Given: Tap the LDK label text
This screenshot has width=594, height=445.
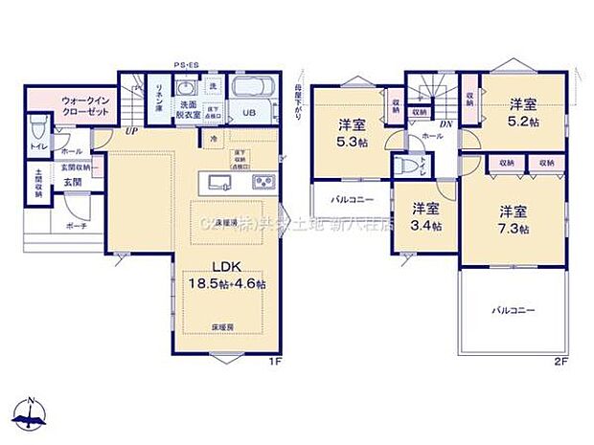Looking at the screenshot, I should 227,267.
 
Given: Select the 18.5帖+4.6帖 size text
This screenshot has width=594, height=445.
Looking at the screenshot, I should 227,284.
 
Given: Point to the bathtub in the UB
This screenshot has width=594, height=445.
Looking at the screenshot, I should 253,93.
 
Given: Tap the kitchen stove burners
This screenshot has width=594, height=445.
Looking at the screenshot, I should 263,182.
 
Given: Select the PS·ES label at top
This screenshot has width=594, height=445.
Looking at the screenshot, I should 185,65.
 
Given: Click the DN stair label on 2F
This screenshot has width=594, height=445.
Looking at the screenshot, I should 445,124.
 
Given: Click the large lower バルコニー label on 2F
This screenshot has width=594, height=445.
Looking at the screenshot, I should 513,311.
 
